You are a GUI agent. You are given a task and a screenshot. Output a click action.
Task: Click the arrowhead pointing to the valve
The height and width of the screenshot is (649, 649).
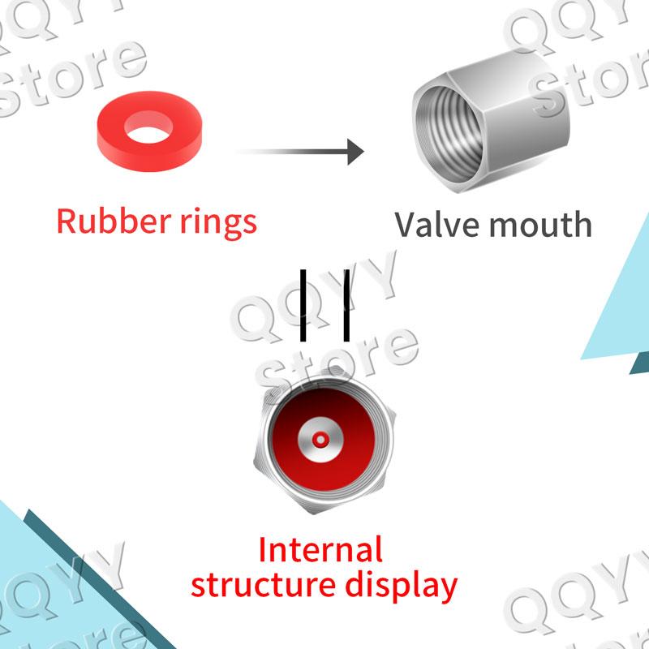(x=355, y=152)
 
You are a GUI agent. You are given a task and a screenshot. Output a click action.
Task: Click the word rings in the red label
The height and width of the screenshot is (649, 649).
(x=218, y=224)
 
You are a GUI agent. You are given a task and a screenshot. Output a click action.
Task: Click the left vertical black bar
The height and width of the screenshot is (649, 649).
(x=303, y=306)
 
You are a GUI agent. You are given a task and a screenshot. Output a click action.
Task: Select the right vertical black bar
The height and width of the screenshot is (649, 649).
(x=346, y=306)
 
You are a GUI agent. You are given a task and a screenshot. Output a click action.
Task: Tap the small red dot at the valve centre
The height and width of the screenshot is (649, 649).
(x=320, y=440)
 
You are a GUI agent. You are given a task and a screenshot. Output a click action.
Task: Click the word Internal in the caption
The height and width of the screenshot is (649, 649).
(x=320, y=550)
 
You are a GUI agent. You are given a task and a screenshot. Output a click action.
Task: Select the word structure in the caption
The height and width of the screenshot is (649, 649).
(x=263, y=585)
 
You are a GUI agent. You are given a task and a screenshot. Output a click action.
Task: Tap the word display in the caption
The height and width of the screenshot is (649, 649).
(x=402, y=586)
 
